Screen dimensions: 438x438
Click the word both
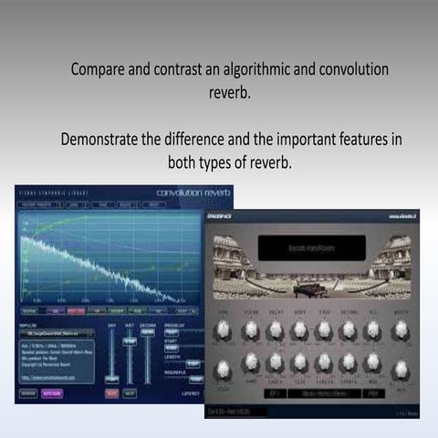[185, 163]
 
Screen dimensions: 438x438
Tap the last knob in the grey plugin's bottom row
[399, 369]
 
